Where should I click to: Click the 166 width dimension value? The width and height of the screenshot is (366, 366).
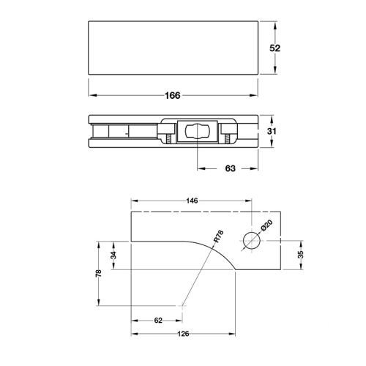point(173,95)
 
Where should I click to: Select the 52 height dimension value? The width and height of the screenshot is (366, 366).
point(275,48)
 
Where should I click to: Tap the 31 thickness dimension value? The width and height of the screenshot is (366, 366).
point(272,131)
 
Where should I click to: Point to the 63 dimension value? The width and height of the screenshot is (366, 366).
point(230,168)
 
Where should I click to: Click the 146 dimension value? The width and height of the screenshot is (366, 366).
point(192,201)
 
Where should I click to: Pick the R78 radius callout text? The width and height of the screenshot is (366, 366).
point(219,236)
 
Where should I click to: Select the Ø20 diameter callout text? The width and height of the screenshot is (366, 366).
point(266,225)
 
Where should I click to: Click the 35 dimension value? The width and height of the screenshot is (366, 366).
point(301,255)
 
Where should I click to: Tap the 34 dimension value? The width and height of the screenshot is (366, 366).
point(113,255)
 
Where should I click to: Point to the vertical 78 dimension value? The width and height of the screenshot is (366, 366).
point(99,273)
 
